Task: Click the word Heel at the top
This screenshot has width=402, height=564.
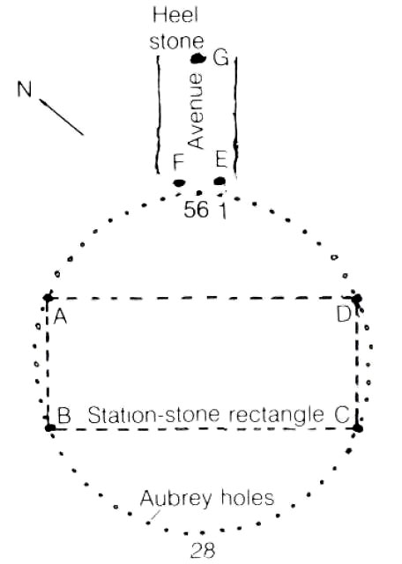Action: tap(175, 16)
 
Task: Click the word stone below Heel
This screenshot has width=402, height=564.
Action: tap(176, 41)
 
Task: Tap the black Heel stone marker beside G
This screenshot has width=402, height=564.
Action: tap(198, 58)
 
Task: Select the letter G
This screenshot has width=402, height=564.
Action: tap(220, 57)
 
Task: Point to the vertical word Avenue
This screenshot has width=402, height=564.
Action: tap(196, 111)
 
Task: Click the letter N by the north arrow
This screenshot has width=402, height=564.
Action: tap(25, 89)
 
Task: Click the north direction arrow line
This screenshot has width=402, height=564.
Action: tap(62, 117)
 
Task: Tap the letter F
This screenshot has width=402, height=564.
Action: tap(178, 161)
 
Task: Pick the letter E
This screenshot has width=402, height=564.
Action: tap(221, 160)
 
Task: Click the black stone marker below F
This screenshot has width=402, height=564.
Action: tap(179, 182)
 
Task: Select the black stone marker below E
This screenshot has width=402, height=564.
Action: tap(220, 181)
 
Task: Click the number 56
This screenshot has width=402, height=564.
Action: tap(196, 210)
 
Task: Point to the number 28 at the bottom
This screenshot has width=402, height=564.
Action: tap(203, 550)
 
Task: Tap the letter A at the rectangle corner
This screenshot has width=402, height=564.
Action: tap(60, 316)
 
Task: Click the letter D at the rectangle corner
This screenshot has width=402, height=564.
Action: tap(344, 314)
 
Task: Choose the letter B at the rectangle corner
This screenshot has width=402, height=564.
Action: tap(64, 415)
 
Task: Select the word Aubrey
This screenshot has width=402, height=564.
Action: tap(176, 500)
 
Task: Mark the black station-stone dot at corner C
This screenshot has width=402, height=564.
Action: tap(358, 428)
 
